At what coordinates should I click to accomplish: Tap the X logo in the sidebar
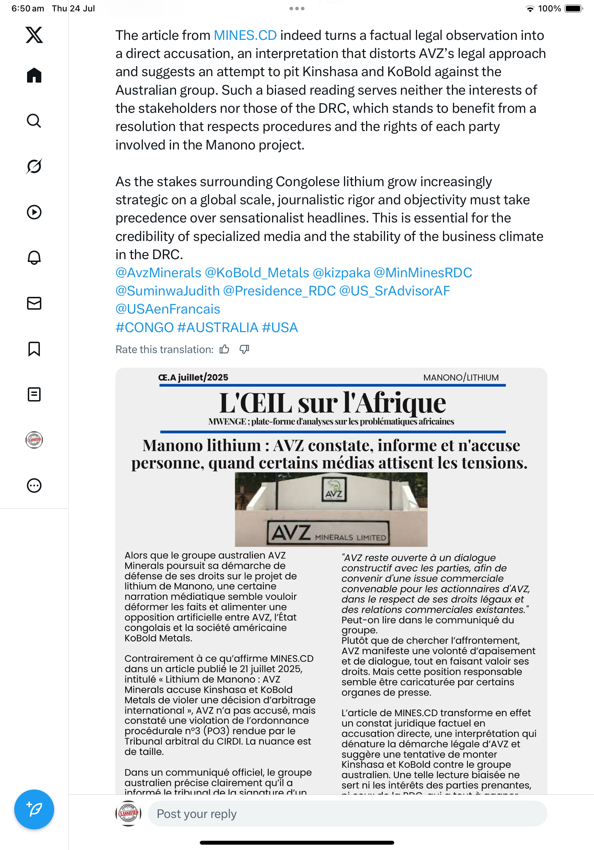pos(34,35)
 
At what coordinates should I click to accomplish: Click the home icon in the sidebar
pos(34,75)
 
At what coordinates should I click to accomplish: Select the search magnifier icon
pos(34,121)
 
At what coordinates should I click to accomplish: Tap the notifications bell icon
pos(34,258)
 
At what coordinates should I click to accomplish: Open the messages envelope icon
pos(34,303)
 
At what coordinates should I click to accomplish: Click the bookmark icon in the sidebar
pos(34,349)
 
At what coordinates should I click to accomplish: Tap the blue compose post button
pos(34,809)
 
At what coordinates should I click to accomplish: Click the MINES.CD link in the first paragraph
pos(245,36)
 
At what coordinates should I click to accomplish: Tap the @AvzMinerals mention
pos(158,273)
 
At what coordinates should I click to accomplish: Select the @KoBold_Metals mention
pos(257,273)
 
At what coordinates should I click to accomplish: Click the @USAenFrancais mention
pos(168,309)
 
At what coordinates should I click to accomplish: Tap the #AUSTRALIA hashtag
pos(218,327)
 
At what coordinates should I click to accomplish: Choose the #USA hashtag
pos(280,327)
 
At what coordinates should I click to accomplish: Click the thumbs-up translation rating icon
pos(224,350)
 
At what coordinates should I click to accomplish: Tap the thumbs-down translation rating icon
pos(244,350)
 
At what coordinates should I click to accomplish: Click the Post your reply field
pos(347,814)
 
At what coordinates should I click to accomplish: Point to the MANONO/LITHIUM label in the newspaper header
pos(461,378)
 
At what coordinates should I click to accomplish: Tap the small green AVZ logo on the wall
pos(334,489)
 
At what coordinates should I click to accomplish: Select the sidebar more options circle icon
pos(34,486)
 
